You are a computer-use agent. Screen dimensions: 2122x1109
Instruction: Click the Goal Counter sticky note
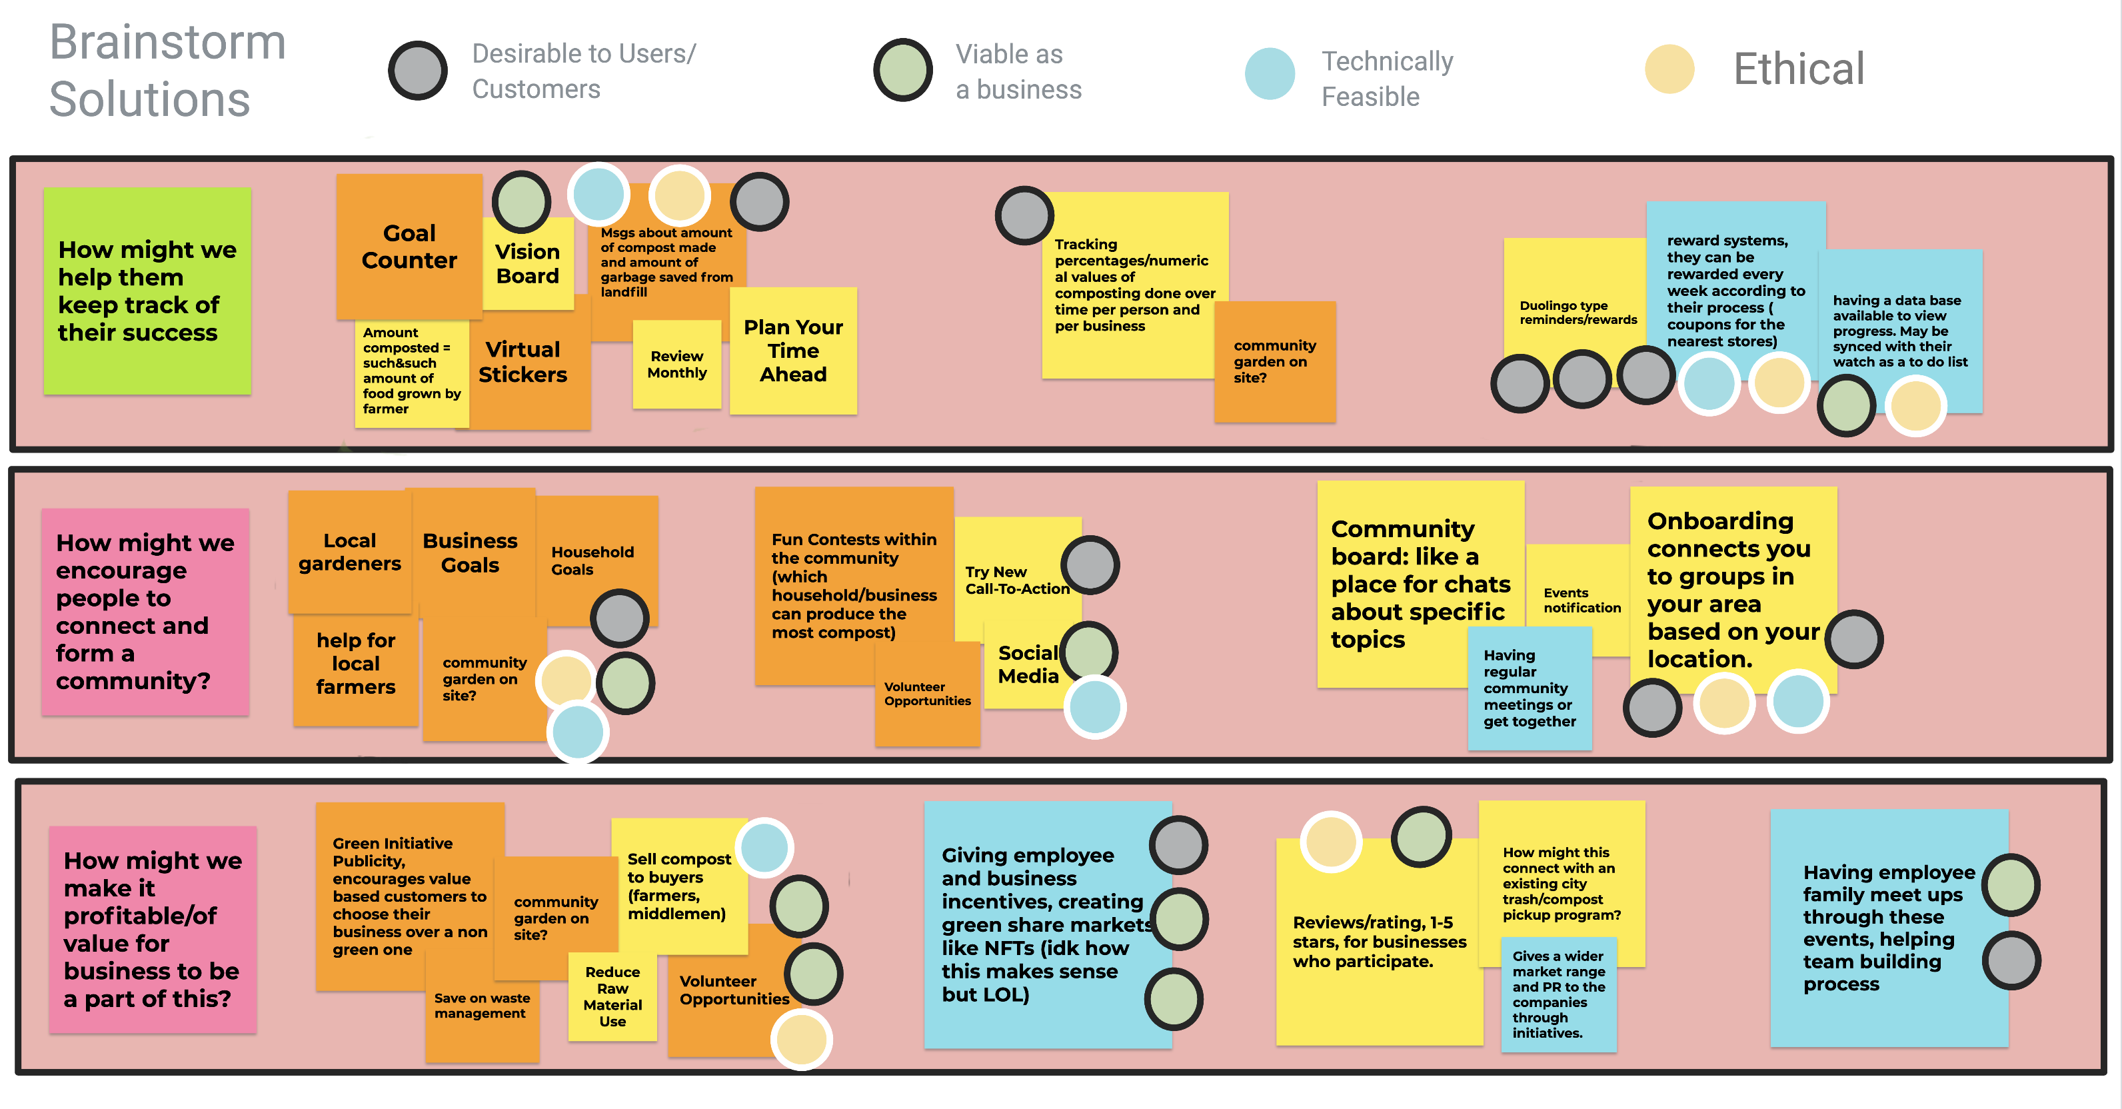click(409, 247)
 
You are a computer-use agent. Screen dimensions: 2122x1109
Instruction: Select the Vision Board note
click(527, 265)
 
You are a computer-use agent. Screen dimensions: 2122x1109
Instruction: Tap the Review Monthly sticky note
click(676, 364)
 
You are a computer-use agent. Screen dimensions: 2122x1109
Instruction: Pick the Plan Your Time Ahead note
click(792, 351)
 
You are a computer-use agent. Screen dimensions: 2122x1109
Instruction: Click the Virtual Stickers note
click(523, 363)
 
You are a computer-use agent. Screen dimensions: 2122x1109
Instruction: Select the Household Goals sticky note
click(592, 560)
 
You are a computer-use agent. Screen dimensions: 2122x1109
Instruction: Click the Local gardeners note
click(349, 552)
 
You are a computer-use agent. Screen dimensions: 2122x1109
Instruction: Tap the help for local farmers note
click(355, 663)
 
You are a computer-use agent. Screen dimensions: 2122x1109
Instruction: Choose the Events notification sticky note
click(1580, 600)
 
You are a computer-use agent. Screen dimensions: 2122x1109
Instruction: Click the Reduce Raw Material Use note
click(612, 996)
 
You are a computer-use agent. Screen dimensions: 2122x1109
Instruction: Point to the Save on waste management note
click(482, 1007)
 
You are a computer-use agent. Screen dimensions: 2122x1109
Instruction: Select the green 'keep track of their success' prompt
click(147, 291)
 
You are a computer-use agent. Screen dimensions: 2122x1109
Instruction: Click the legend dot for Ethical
click(1669, 69)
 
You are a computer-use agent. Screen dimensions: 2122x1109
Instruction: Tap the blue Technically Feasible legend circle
click(1270, 73)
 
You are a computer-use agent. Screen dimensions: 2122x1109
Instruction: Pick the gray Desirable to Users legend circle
click(418, 71)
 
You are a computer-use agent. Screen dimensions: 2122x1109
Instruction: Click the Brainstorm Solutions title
click(167, 70)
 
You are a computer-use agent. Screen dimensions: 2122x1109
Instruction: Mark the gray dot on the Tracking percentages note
click(1024, 216)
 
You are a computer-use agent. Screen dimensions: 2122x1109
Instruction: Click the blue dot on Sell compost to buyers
click(764, 847)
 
